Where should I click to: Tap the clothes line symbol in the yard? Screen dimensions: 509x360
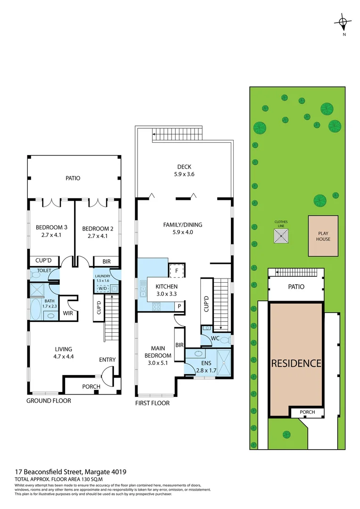pyautogui.click(x=282, y=236)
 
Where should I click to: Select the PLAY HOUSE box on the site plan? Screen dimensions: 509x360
pyautogui.click(x=323, y=236)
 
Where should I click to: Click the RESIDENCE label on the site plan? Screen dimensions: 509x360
pyautogui.click(x=296, y=363)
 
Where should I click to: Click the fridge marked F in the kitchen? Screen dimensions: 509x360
pyautogui.click(x=176, y=271)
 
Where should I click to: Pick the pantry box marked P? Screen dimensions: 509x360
pyautogui.click(x=179, y=306)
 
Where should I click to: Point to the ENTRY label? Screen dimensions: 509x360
pyautogui.click(x=107, y=360)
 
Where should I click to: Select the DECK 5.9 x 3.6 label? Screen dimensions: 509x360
pyautogui.click(x=184, y=170)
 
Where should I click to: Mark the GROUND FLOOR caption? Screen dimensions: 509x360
pyautogui.click(x=49, y=401)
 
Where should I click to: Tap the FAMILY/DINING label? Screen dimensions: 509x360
pyautogui.click(x=184, y=229)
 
